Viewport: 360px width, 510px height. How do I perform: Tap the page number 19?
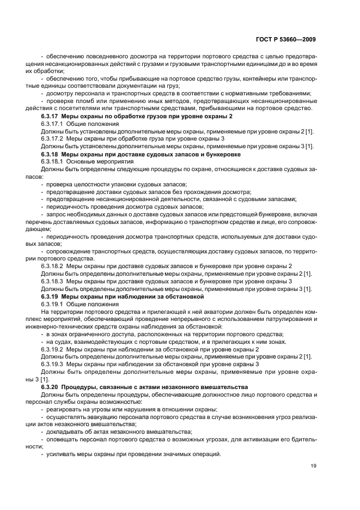click(313, 466)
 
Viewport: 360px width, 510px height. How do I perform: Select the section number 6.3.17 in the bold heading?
click(51, 117)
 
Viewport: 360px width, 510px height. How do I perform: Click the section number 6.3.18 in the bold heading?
click(51, 154)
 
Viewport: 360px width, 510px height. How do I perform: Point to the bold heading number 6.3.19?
click(51, 296)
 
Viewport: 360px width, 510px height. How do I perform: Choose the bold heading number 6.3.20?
click(51, 386)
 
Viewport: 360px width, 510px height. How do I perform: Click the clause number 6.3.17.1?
click(53, 124)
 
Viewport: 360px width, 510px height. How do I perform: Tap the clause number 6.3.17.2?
click(53, 139)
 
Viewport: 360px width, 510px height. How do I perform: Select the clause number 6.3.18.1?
click(53, 162)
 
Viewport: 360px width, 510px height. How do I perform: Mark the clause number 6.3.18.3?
click(53, 281)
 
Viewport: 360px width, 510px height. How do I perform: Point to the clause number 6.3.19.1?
click(53, 304)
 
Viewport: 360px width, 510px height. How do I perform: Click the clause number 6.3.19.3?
click(53, 363)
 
